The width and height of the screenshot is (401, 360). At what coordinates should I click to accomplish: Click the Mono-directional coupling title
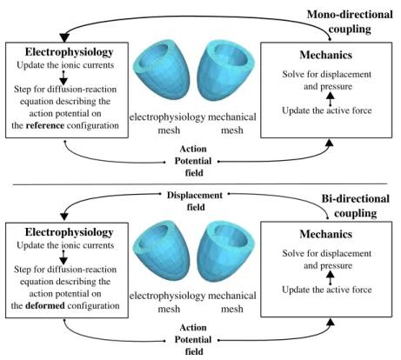350,22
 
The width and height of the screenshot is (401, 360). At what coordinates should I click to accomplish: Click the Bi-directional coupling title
356,206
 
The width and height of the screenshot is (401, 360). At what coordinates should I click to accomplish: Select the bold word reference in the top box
45,125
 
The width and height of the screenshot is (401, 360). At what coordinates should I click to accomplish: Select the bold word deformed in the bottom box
45,306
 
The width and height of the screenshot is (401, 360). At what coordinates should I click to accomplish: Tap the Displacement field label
195,201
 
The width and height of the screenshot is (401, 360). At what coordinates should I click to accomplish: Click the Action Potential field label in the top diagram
193,161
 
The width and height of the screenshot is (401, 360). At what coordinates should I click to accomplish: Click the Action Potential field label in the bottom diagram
193,339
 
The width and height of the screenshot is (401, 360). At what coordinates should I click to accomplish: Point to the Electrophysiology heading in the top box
69,52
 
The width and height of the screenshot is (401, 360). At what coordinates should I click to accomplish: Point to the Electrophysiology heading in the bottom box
69,232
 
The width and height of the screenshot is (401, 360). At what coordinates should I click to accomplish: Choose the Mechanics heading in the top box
326,55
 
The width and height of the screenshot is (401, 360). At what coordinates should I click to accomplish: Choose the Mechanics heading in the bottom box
326,234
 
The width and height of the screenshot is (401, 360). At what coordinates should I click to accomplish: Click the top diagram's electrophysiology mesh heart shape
162,70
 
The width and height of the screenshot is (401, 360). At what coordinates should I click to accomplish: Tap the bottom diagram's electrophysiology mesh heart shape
162,250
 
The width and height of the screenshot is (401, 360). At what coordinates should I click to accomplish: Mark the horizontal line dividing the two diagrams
200,183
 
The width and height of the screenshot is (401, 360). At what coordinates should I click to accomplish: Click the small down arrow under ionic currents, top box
63,77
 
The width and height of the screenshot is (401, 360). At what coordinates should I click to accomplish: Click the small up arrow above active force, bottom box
330,277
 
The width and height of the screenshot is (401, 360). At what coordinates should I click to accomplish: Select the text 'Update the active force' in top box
327,110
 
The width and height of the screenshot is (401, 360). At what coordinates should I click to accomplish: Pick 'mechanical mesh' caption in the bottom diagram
232,303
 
